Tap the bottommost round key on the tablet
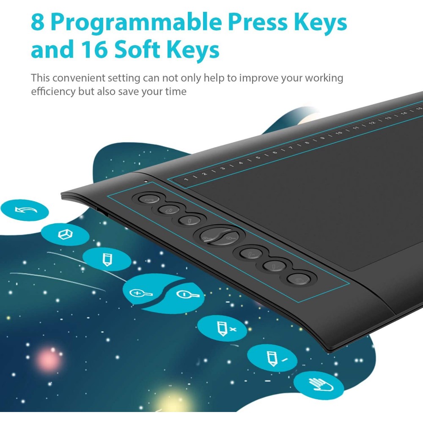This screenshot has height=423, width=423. point(298,279)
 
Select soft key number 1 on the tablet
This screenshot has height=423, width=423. point(186,179)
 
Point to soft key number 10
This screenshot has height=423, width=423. point(339,133)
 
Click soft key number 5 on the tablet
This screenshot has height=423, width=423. point(258,157)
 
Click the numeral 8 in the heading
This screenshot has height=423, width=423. point(38,22)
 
